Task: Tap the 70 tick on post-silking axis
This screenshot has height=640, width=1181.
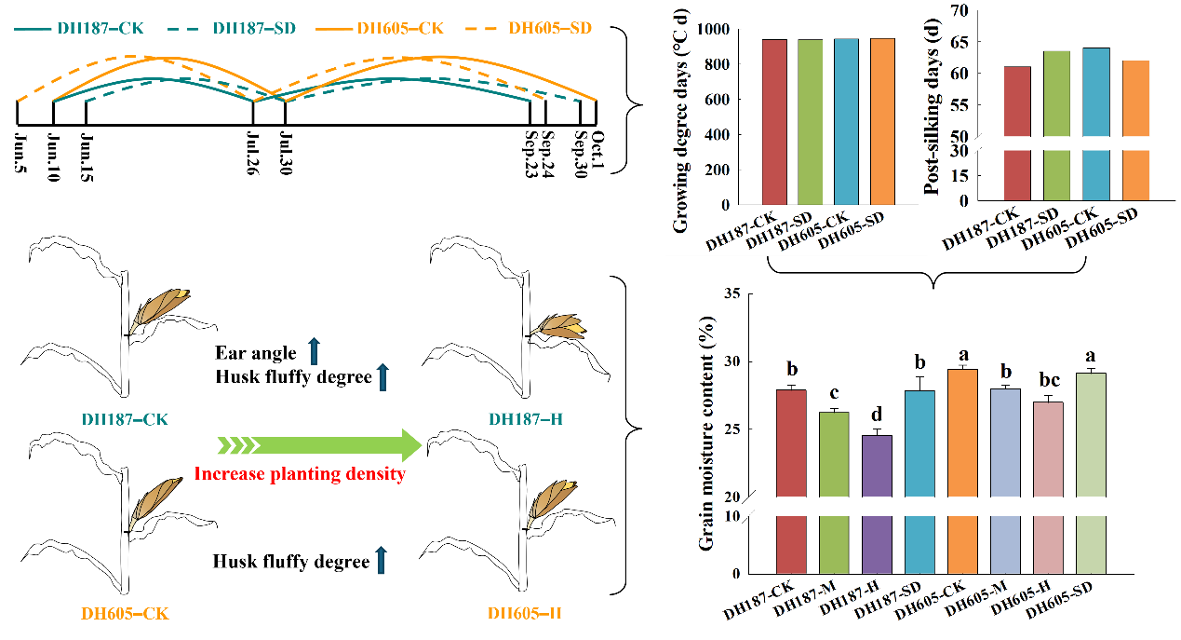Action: pyautogui.click(x=957, y=10)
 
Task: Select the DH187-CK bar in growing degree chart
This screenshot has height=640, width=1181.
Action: pyautogui.click(x=774, y=121)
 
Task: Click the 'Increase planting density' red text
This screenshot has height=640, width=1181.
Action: pyautogui.click(x=299, y=474)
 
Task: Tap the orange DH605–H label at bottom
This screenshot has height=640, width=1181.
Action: pyautogui.click(x=524, y=613)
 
